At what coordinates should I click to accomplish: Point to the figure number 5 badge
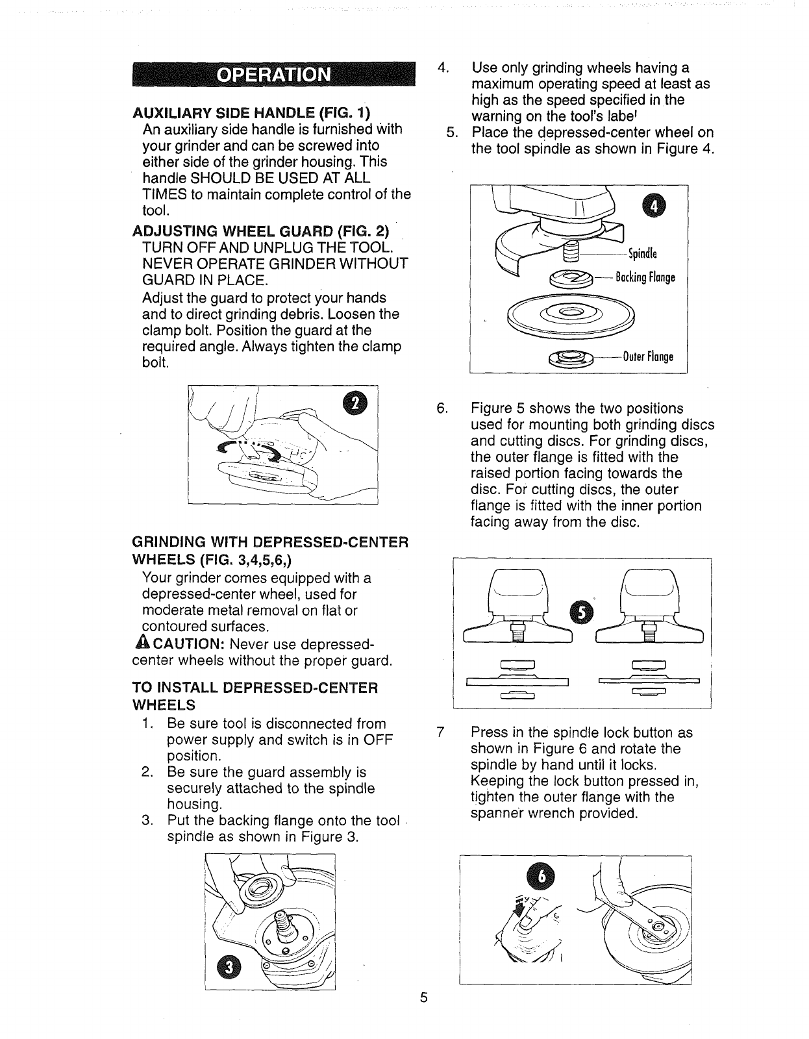[x=579, y=611]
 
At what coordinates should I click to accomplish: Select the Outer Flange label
[x=648, y=357]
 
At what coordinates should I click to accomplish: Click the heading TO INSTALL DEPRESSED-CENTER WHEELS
[x=255, y=695]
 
